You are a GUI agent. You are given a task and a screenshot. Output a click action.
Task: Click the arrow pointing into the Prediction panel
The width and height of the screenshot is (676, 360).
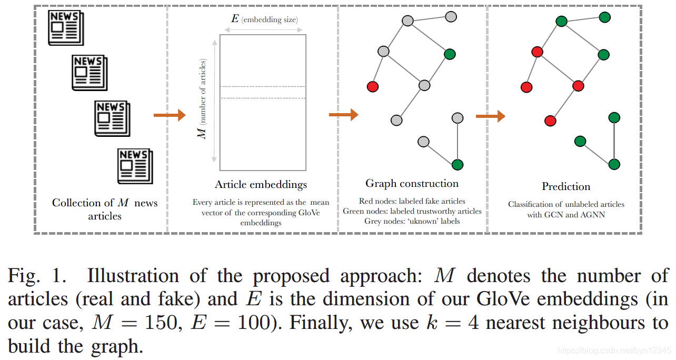click(x=490, y=116)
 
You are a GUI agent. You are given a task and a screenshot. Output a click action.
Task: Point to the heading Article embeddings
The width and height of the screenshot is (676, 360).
click(x=261, y=185)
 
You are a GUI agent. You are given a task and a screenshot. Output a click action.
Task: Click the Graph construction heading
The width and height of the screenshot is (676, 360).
click(x=412, y=184)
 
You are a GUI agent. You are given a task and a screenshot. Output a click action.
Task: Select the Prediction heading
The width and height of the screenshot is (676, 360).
click(x=566, y=187)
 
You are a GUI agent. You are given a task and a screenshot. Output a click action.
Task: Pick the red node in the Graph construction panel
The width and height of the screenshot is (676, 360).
click(x=373, y=87)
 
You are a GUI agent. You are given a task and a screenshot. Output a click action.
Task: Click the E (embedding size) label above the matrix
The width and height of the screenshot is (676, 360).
click(x=264, y=19)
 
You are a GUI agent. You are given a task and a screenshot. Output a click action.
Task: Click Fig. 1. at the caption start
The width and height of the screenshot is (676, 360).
click(x=40, y=276)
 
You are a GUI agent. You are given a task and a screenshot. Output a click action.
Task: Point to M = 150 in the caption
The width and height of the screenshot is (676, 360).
click(x=131, y=323)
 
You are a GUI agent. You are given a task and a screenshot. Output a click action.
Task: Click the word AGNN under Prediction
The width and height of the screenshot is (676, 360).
click(x=591, y=215)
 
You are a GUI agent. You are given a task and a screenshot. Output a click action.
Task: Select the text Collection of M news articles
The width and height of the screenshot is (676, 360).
click(x=105, y=209)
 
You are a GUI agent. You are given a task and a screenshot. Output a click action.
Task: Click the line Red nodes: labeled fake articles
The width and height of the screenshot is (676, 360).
click(x=412, y=201)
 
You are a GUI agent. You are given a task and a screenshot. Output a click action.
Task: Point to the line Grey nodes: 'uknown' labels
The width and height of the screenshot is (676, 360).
click(x=412, y=221)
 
